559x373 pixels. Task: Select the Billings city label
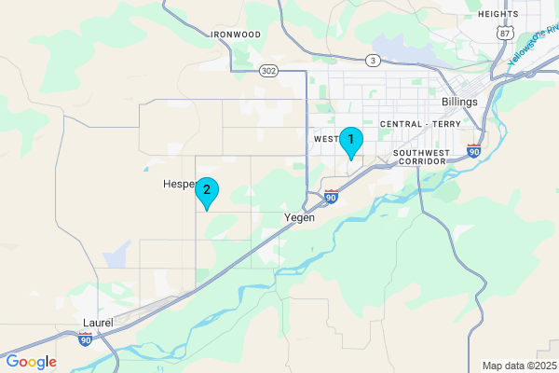[459, 102]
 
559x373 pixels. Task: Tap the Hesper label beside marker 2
[177, 184]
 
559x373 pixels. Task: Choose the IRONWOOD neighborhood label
[236, 35]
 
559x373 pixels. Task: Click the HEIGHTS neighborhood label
[498, 14]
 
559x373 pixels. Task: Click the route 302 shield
[268, 70]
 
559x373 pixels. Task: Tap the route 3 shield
[372, 61]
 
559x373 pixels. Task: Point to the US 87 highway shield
[504, 32]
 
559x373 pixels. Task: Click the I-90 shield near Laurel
[86, 339]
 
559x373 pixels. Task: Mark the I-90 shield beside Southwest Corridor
[473, 151]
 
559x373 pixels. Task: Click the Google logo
[32, 362]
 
